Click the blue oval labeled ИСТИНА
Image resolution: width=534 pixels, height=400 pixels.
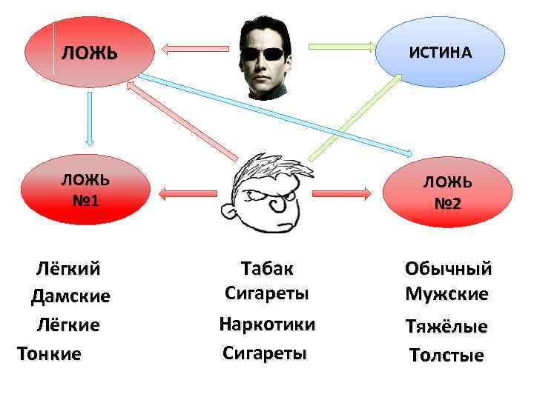(441, 53)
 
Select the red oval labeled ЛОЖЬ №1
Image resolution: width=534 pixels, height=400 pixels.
(85, 190)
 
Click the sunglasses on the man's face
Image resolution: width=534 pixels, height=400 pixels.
(266, 53)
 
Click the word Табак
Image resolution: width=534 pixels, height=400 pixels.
(267, 267)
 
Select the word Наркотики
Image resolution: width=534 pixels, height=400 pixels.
(267, 324)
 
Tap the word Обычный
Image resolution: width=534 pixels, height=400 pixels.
(448, 268)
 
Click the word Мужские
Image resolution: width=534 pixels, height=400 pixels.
(446, 294)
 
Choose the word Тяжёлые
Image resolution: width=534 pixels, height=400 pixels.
(446, 327)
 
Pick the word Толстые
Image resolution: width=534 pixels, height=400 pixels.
(446, 356)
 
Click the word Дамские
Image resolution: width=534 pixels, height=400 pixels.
(70, 296)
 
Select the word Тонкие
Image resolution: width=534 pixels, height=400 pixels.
(49, 354)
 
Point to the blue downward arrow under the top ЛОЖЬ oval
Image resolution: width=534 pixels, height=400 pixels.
(89, 119)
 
